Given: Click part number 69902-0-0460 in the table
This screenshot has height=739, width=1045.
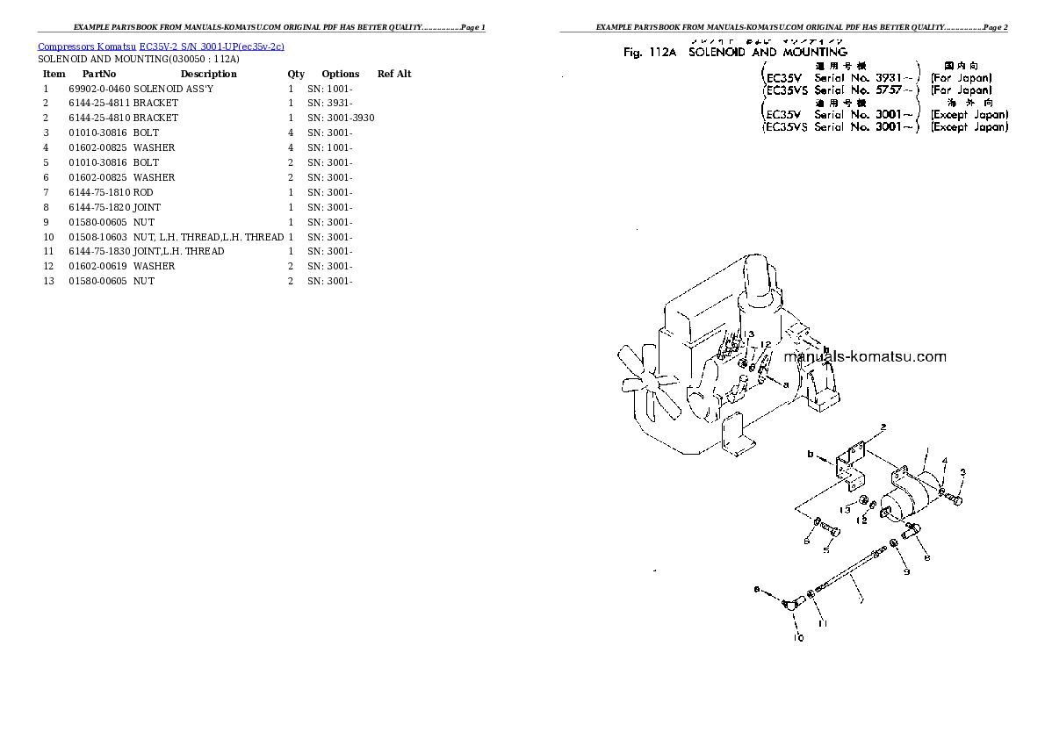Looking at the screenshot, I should pyautogui.click(x=98, y=89).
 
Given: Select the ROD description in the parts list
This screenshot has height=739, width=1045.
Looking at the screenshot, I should pyautogui.click(x=143, y=192).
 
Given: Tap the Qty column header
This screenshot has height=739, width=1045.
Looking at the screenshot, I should pyautogui.click(x=296, y=74).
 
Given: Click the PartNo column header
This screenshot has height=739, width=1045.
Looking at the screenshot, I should pyautogui.click(x=98, y=74).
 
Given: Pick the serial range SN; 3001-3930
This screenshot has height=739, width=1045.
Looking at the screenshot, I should pyautogui.click(x=341, y=118).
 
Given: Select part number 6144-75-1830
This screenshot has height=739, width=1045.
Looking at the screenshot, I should pyautogui.click(x=98, y=251).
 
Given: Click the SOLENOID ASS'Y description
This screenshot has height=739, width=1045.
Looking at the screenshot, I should pyautogui.click(x=173, y=89).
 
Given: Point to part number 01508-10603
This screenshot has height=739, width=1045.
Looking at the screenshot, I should pyautogui.click(x=98, y=237).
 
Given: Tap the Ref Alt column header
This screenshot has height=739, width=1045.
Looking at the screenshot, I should pyautogui.click(x=394, y=74).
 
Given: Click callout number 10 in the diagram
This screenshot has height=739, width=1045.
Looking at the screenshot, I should pyautogui.click(x=798, y=638).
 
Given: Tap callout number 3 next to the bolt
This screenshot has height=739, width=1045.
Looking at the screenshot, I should pyautogui.click(x=962, y=472).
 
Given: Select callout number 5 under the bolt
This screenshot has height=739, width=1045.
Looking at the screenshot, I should pyautogui.click(x=825, y=550).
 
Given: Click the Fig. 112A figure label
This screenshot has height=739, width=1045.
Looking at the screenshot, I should pyautogui.click(x=651, y=53).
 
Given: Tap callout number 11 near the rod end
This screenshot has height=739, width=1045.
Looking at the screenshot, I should pyautogui.click(x=823, y=623).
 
